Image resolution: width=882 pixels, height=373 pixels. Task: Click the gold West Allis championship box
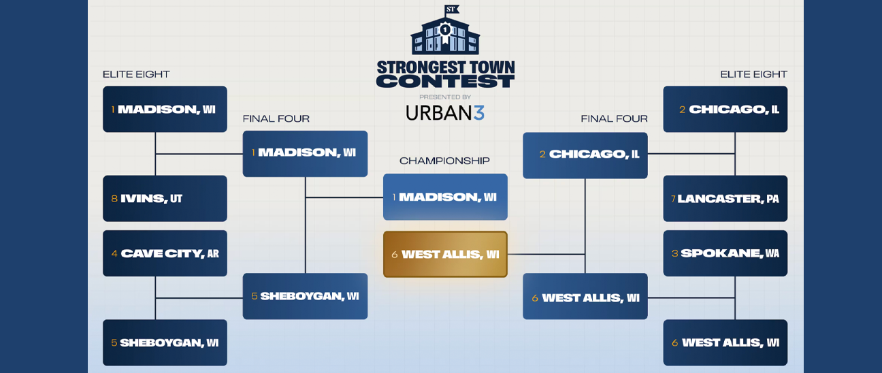445,255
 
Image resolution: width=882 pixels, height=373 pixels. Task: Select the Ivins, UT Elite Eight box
165,199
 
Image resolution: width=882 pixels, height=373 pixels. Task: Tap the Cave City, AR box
165,253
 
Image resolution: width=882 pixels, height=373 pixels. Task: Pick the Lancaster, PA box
725,199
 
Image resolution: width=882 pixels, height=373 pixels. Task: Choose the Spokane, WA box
725,253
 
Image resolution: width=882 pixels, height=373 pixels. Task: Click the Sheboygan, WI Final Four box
305,296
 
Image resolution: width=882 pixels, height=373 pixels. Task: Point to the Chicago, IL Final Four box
585,156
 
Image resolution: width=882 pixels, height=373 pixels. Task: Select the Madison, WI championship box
445,197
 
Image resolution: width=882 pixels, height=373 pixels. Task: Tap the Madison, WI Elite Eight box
165,109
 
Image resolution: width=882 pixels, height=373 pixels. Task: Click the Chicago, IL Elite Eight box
725,109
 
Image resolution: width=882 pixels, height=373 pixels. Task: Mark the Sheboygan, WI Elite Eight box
165,342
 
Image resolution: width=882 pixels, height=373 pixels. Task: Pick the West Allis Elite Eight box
725,342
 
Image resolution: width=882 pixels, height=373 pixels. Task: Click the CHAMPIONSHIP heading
444,161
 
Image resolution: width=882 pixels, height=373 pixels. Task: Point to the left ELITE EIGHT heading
136,74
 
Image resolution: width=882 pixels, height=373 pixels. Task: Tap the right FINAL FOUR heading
615,118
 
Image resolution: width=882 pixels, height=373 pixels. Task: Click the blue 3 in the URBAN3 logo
479,112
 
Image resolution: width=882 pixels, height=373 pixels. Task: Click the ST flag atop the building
451,10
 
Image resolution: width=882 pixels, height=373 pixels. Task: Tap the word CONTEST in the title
445,82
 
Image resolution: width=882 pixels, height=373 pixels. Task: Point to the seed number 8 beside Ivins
114,199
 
